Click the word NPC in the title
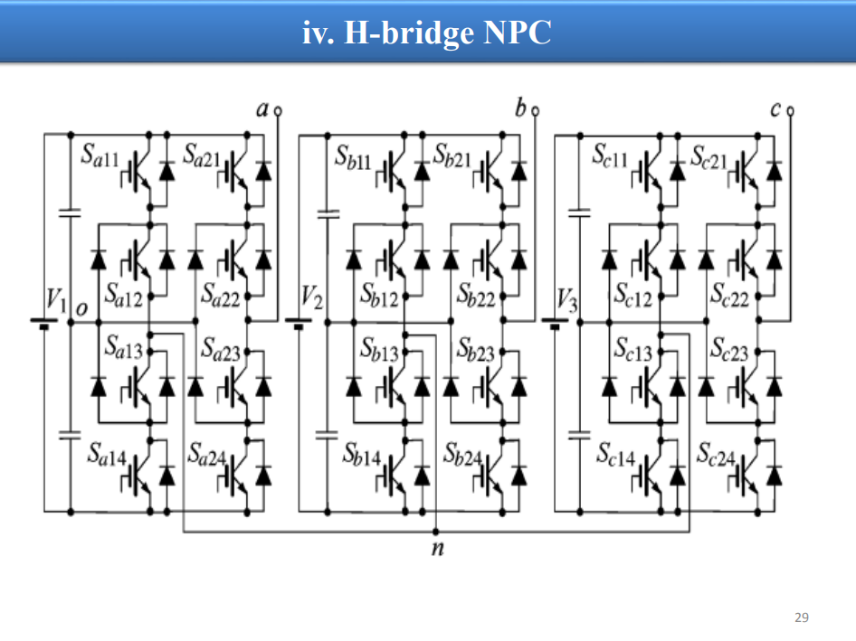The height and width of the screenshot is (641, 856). (x=517, y=33)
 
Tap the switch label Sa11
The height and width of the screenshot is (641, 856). (x=100, y=155)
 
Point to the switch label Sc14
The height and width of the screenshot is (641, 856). (x=616, y=455)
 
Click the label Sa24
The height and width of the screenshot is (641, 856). (x=206, y=455)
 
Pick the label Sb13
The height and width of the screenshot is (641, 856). (x=379, y=350)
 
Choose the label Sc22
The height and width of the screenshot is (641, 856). (x=729, y=295)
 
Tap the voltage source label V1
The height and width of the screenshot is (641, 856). (x=56, y=300)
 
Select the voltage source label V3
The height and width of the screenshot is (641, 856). (x=567, y=300)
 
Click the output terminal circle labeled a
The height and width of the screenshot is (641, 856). (x=278, y=111)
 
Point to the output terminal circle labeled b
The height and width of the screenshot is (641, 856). (x=535, y=111)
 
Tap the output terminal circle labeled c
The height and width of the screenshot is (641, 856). (x=790, y=111)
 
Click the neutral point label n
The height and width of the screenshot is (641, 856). (x=437, y=548)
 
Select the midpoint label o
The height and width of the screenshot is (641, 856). (x=81, y=309)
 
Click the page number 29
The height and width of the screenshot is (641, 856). (x=802, y=617)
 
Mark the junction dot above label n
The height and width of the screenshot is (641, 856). (x=435, y=532)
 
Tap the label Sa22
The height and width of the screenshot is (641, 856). (x=220, y=295)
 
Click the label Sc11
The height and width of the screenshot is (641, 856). (x=611, y=155)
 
